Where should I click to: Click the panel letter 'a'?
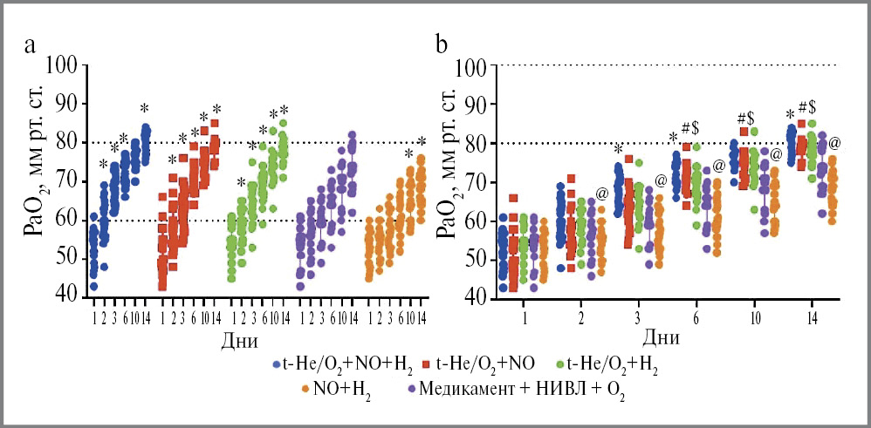click(x=30, y=46)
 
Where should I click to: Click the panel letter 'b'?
click(x=442, y=43)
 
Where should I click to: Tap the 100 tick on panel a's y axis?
click(x=64, y=65)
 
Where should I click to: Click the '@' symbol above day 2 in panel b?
click(x=601, y=193)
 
